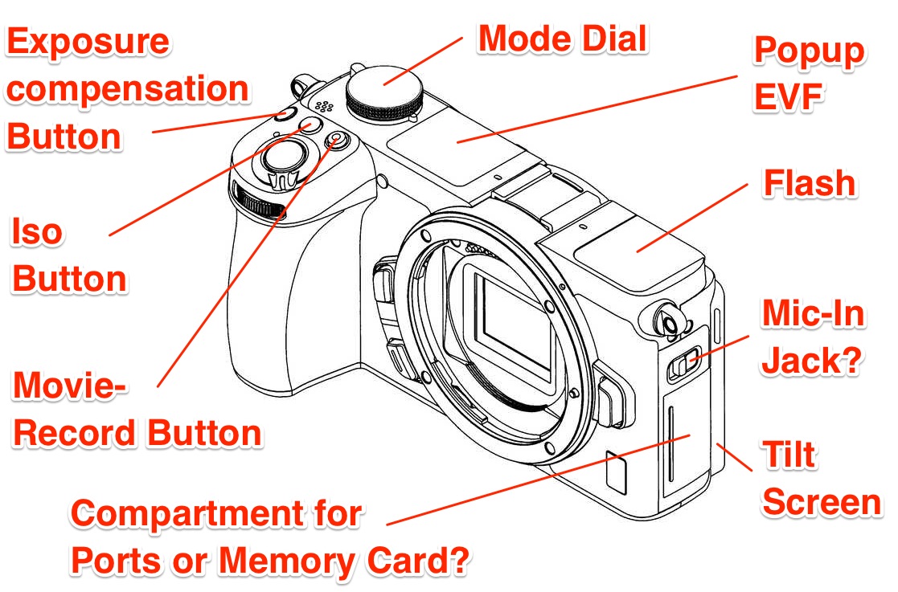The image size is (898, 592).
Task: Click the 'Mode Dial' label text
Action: pyautogui.click(x=563, y=39)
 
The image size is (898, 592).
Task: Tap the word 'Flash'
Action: pyautogui.click(x=810, y=183)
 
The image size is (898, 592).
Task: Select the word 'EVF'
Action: pyautogui.click(x=789, y=96)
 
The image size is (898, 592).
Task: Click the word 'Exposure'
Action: pyautogui.click(x=88, y=41)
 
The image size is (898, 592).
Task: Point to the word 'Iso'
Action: pyautogui.click(x=37, y=231)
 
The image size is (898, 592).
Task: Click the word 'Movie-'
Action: pyautogui.click(x=69, y=385)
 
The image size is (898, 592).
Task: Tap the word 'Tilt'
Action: pyautogui.click(x=789, y=454)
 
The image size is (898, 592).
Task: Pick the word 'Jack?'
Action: pyautogui.click(x=811, y=361)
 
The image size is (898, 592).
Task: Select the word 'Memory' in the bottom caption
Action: pyautogui.click(x=288, y=561)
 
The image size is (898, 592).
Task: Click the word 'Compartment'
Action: pyautogui.click(x=189, y=512)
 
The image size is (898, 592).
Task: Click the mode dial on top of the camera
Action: pyautogui.click(x=384, y=92)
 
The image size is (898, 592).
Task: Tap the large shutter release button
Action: pyautogui.click(x=285, y=157)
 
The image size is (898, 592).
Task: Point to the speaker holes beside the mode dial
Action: pyautogui.click(x=324, y=106)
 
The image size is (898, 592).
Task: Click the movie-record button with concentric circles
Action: pyautogui.click(x=338, y=139)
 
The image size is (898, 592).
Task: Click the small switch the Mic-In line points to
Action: pyautogui.click(x=683, y=362)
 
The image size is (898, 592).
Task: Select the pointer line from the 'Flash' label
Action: pyautogui.click(x=692, y=218)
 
